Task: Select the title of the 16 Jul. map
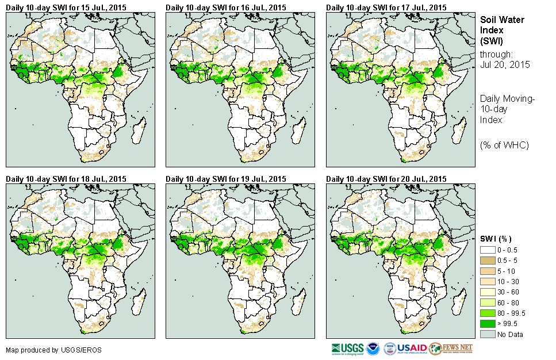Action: click(x=226, y=7)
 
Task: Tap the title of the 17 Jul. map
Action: click(x=386, y=7)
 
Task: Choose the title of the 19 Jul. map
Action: click(x=226, y=179)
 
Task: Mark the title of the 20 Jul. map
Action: click(x=386, y=179)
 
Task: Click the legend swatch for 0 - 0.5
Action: click(x=488, y=250)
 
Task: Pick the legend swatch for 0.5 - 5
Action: click(x=488, y=261)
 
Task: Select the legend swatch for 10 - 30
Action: click(x=488, y=282)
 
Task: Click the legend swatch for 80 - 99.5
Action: click(x=488, y=313)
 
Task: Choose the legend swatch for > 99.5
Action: click(x=488, y=324)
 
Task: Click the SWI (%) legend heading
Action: click(x=496, y=239)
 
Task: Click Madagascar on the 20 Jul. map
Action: click(x=457, y=304)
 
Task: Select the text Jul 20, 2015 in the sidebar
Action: click(x=502, y=65)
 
